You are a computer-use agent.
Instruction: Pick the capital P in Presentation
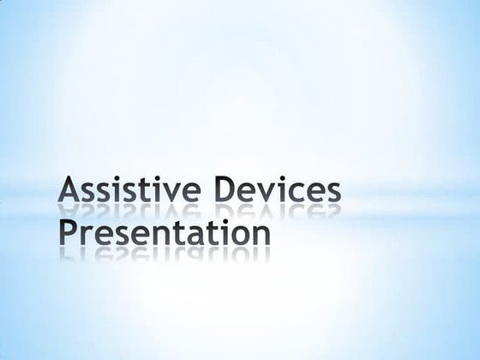coord(68,231)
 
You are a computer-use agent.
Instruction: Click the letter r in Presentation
coord(86,235)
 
